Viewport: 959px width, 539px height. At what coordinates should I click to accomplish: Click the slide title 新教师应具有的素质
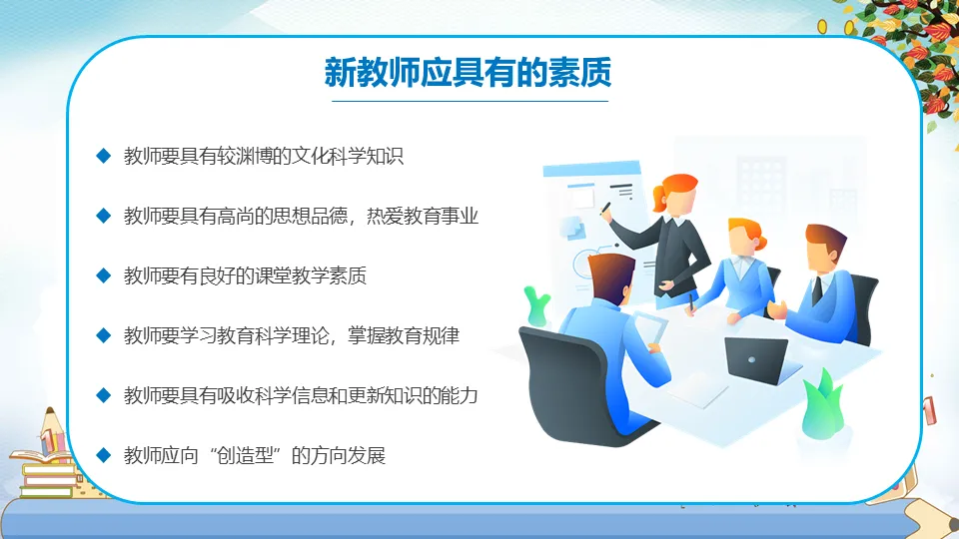[468, 72]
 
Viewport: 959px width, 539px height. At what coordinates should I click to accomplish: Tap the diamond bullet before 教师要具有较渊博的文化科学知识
[103, 156]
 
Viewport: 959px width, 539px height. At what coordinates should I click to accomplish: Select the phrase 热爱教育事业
[422, 216]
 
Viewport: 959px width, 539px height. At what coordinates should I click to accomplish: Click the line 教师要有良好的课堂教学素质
[245, 275]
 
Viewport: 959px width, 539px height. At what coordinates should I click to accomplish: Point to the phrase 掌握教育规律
[403, 335]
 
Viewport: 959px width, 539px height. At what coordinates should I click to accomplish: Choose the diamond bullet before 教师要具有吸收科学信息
[103, 395]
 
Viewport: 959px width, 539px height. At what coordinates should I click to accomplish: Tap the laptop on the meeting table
[757, 360]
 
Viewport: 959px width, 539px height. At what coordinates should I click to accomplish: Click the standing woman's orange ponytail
[658, 198]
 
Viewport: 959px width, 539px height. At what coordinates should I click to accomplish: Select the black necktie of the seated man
[817, 290]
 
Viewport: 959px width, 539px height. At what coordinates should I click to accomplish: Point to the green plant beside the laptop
[823, 403]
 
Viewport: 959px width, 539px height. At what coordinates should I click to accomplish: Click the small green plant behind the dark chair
[536, 306]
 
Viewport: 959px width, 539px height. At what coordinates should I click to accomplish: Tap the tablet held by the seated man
[650, 327]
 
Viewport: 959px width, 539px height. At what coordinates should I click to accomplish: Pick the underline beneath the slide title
[470, 101]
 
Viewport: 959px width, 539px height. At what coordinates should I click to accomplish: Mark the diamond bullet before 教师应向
[103, 455]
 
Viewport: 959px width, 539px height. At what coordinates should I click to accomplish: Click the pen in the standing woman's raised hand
[605, 208]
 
